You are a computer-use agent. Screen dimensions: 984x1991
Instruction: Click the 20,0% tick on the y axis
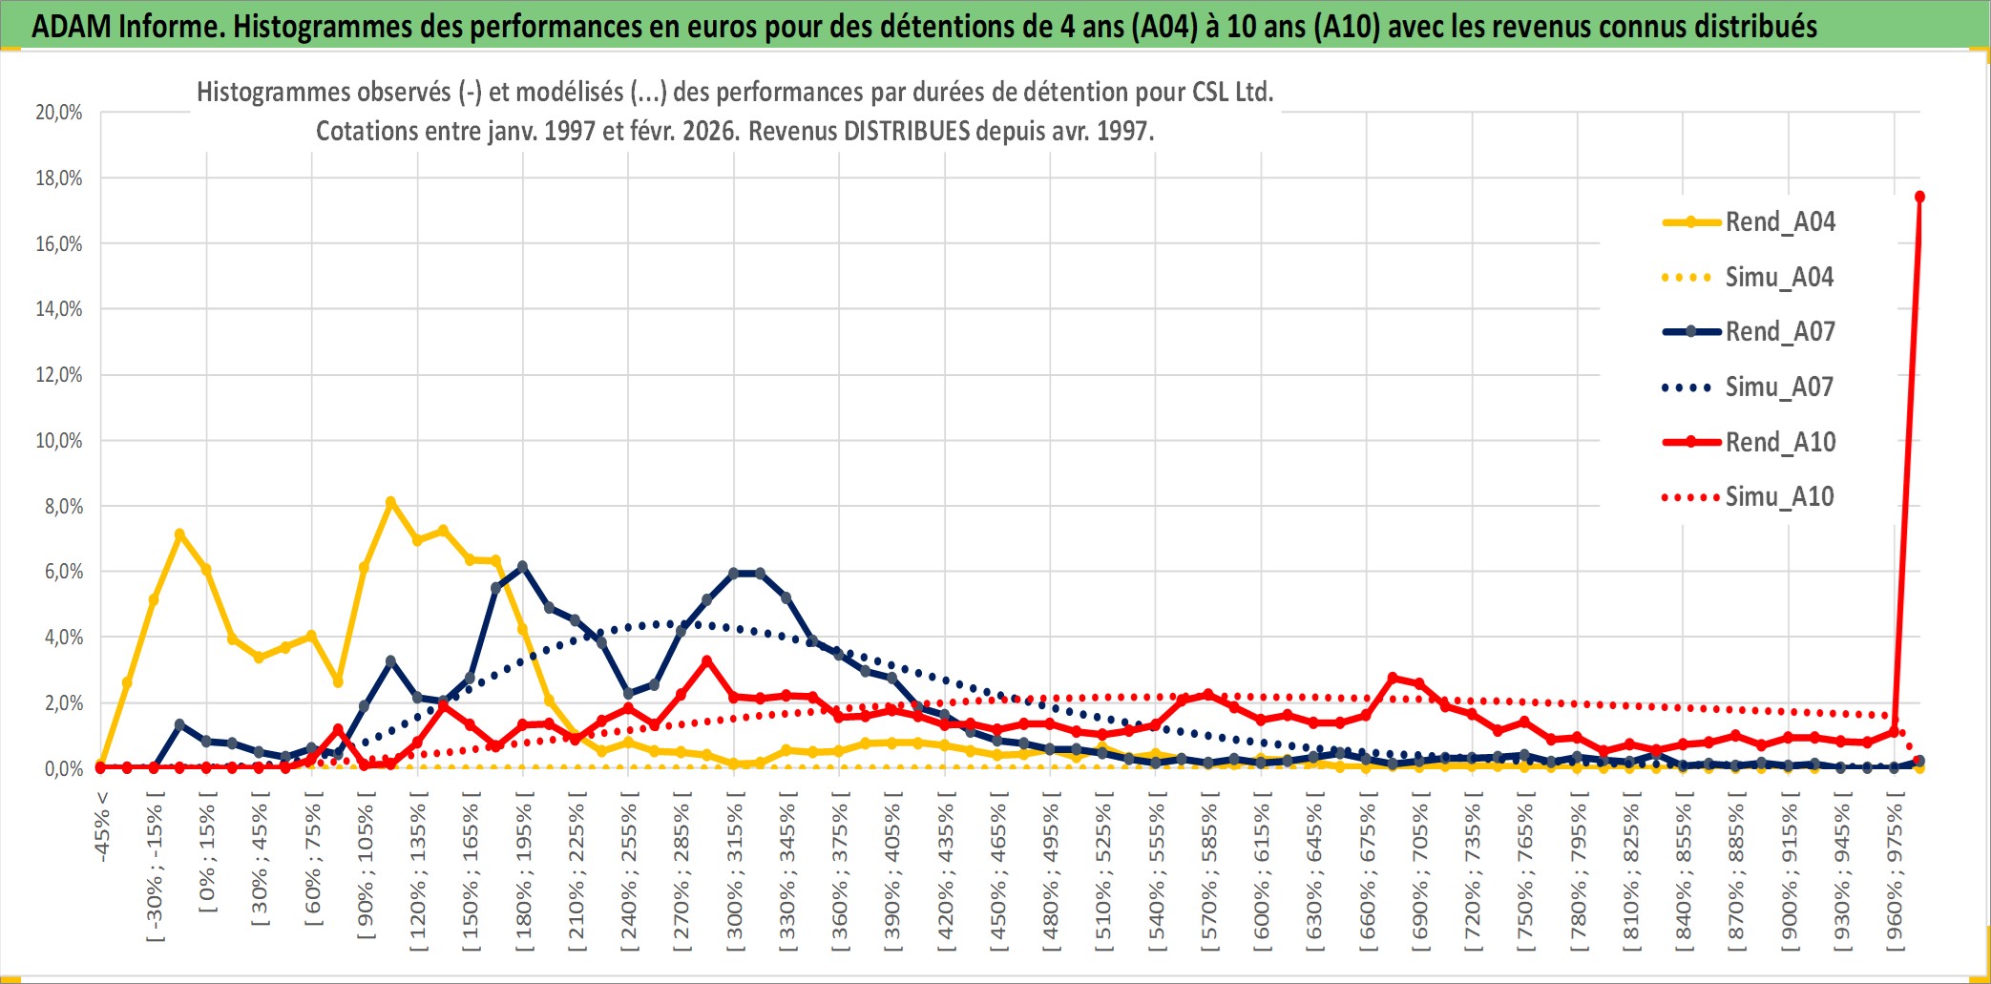point(59,113)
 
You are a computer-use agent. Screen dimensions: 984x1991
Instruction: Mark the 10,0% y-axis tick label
point(59,441)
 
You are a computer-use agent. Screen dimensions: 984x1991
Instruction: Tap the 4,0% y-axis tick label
point(63,638)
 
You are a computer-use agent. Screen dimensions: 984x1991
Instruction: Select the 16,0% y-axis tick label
point(59,244)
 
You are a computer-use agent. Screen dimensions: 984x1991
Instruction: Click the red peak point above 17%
point(1919,197)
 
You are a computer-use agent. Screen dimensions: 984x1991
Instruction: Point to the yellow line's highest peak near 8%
point(390,502)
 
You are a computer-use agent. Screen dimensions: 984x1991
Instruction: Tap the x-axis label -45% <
point(102,827)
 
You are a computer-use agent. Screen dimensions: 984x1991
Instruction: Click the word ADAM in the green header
point(72,26)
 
